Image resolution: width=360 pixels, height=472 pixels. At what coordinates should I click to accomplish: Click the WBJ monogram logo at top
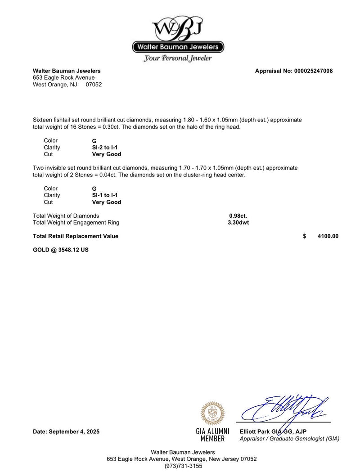[x=178, y=28]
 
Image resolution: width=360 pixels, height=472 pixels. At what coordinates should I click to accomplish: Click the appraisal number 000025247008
[x=313, y=71]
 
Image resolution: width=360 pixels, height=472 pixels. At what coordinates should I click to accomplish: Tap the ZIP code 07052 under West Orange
[x=94, y=84]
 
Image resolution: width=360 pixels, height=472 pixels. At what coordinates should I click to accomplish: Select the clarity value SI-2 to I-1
[x=105, y=148]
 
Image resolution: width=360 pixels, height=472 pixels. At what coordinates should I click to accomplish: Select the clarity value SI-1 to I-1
[x=105, y=195]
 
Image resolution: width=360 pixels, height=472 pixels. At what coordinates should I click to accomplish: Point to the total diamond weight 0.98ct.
[x=238, y=216]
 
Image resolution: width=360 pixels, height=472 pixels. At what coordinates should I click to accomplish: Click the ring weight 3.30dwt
[x=238, y=222]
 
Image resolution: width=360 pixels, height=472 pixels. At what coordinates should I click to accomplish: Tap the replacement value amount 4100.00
[x=328, y=236]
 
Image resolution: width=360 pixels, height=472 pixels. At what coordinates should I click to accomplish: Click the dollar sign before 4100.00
[x=305, y=236]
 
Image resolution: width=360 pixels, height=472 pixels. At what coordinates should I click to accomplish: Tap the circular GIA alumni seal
[x=212, y=413]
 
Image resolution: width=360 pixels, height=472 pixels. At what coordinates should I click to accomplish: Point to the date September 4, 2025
[x=66, y=432]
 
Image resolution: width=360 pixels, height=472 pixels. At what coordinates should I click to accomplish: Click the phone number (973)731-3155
[x=183, y=466]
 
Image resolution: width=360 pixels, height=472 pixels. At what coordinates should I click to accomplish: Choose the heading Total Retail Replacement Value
[x=76, y=236]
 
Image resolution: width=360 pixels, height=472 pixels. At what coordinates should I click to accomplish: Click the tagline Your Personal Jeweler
[x=178, y=58]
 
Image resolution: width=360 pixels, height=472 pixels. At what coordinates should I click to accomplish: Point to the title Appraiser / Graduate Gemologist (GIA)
[x=289, y=439]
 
